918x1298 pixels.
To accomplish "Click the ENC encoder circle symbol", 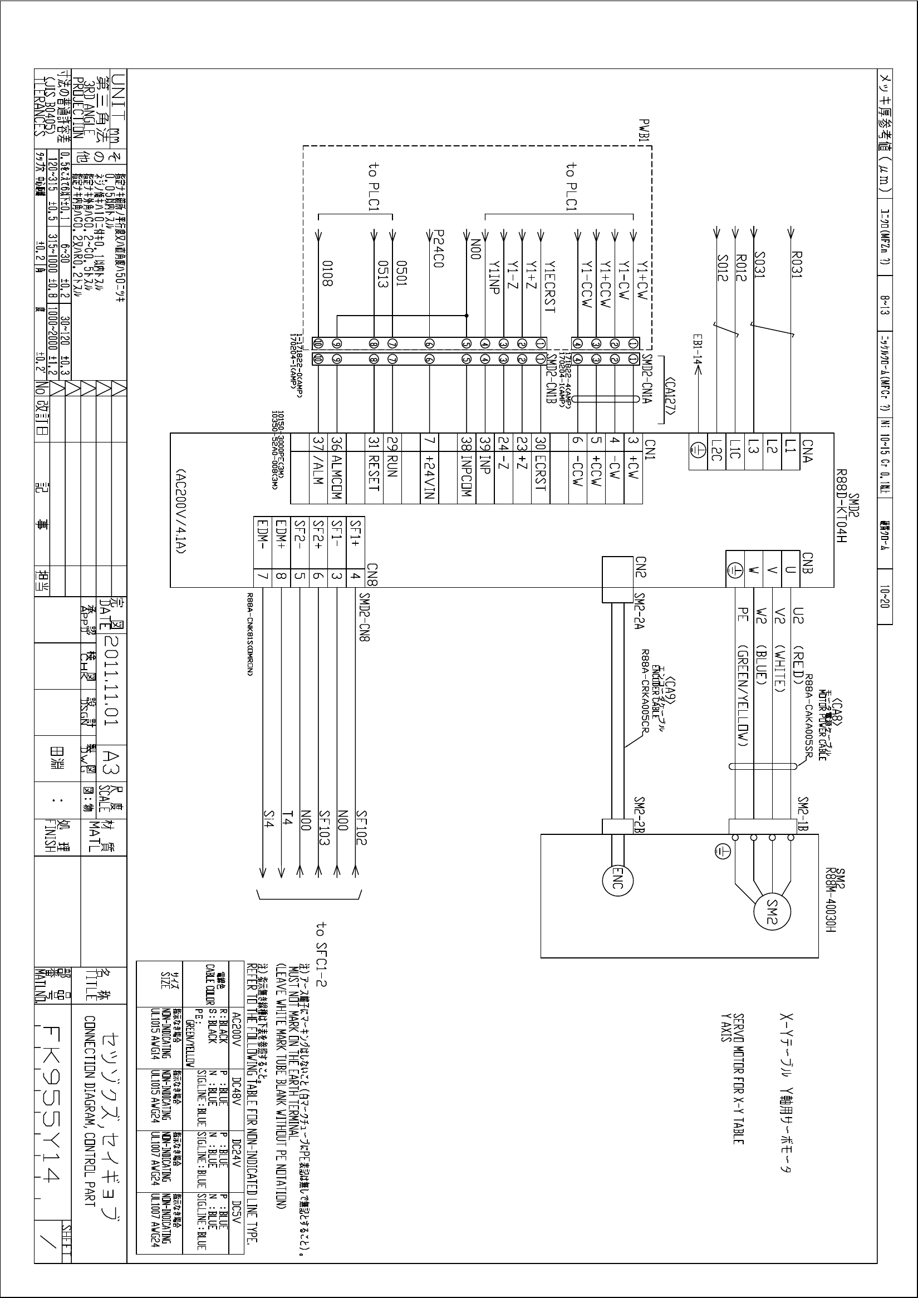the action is point(617,885).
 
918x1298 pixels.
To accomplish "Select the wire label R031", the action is point(797,264).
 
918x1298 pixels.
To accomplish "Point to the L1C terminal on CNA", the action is point(734,452).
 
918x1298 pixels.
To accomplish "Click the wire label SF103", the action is point(324,828).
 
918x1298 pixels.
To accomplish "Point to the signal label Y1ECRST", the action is point(549,287).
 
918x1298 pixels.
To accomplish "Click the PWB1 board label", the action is point(645,131).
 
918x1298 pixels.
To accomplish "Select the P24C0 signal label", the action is point(438,249).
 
